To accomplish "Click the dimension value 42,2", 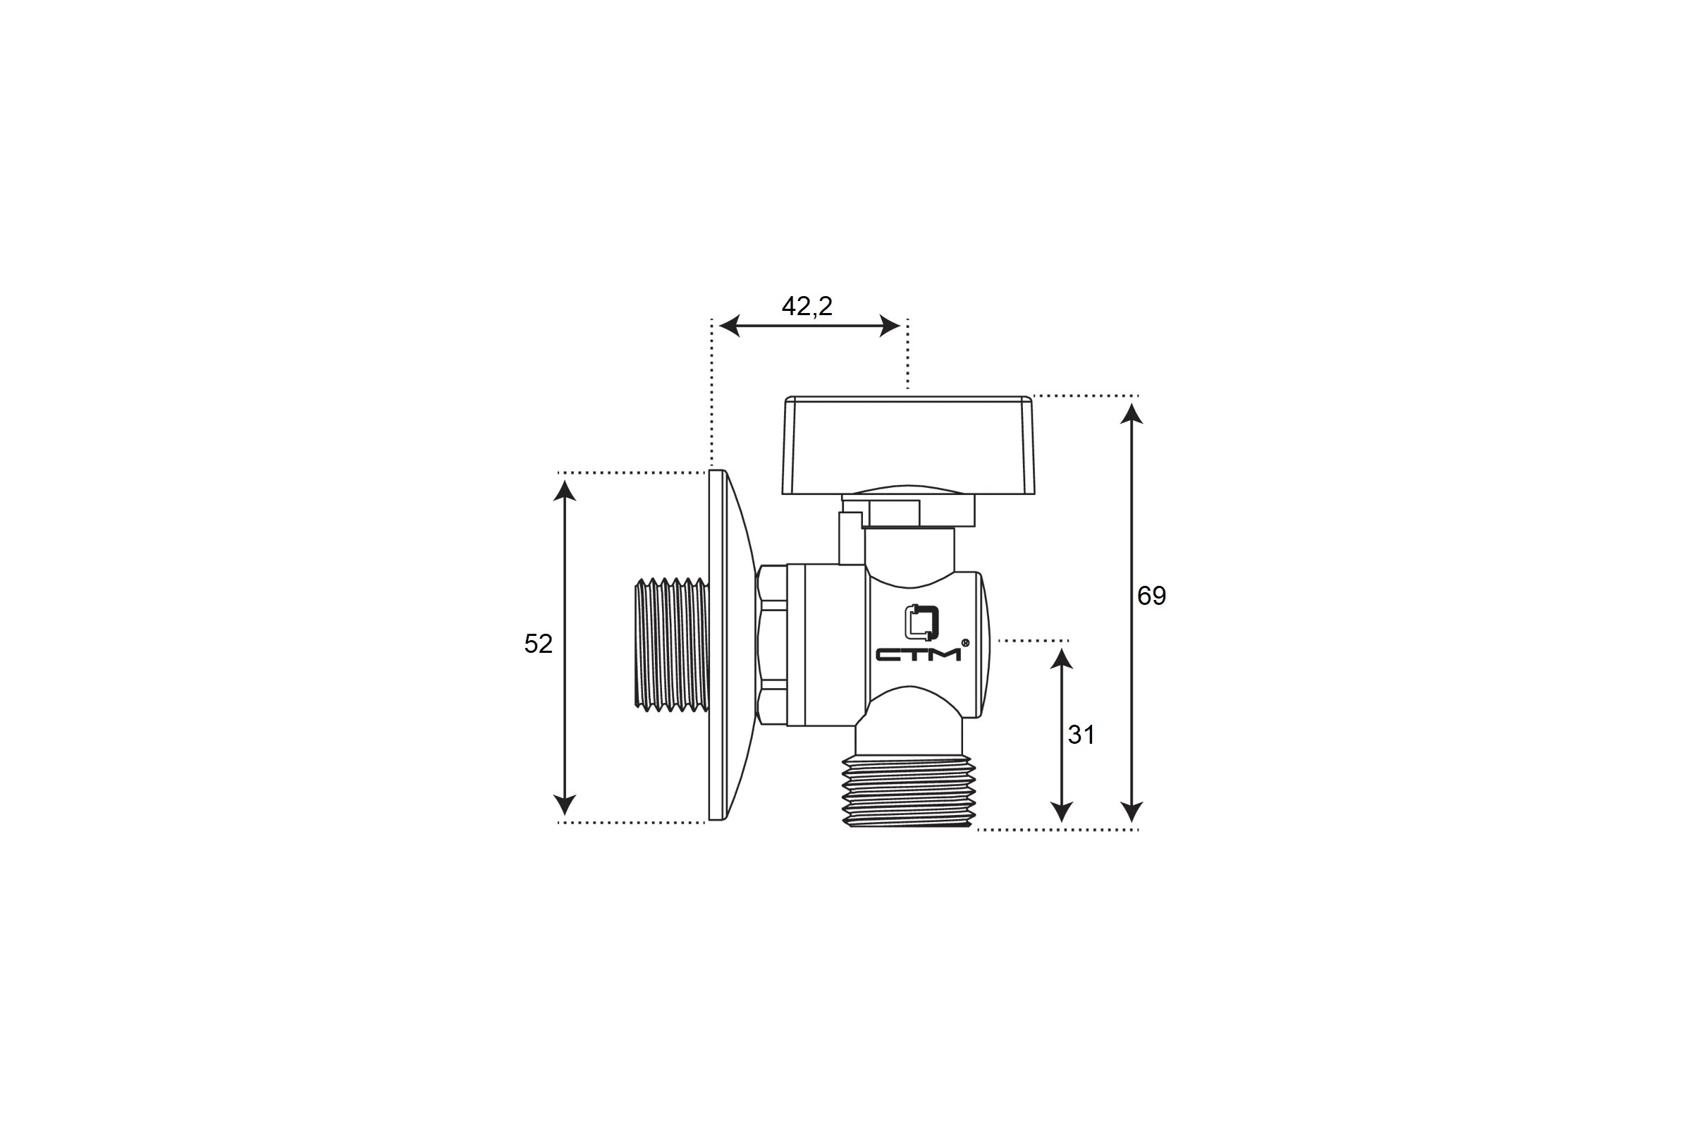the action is [x=807, y=307].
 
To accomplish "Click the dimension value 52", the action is [x=538, y=644].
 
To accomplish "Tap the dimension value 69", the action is [x=1151, y=596].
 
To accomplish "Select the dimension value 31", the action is [x=1081, y=735].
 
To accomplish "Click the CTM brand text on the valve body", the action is [x=918, y=654].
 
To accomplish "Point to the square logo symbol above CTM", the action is [x=921, y=623].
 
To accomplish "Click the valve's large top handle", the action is [x=909, y=445].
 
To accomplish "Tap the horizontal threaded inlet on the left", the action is [x=672, y=644].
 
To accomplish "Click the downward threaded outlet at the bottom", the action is [x=909, y=790].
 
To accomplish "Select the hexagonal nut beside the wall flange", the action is [x=771, y=644].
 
